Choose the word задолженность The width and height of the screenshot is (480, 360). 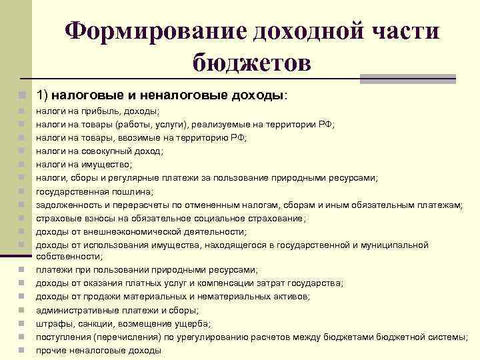point(67,205)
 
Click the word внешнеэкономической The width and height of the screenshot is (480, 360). point(125,232)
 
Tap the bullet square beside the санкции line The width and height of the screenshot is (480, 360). point(22,323)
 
